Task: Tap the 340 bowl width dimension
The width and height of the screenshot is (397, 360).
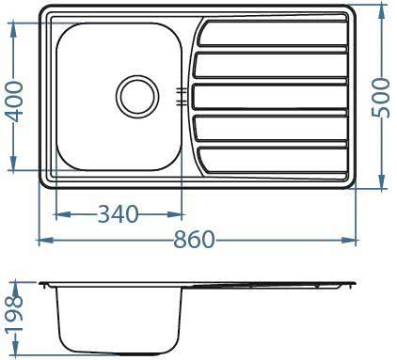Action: point(118,214)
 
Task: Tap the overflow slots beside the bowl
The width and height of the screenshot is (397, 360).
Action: point(180,94)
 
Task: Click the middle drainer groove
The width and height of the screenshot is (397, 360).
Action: point(273,96)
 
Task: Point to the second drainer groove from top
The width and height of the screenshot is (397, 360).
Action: point(273,67)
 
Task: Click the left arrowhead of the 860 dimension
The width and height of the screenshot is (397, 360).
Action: point(42,241)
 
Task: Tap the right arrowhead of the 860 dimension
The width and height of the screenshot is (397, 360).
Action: point(356,241)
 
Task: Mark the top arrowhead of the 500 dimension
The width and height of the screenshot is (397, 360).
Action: point(381,11)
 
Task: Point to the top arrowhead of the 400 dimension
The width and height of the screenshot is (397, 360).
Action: point(13,23)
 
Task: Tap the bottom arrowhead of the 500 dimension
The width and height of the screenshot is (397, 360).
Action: point(381,183)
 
